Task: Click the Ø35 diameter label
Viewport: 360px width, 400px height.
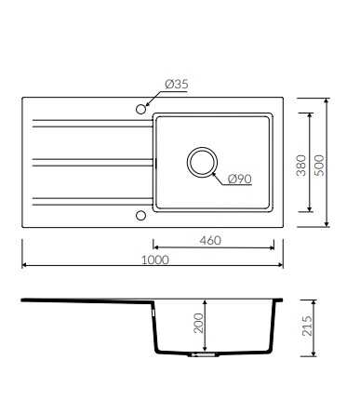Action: tap(177, 84)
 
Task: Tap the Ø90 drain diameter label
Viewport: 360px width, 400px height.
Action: tap(240, 179)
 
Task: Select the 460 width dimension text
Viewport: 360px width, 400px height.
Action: tap(210, 240)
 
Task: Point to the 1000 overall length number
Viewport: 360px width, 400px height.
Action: tap(155, 260)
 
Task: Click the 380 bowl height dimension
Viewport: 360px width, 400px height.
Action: tap(301, 166)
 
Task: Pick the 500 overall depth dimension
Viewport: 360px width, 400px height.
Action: tap(319, 166)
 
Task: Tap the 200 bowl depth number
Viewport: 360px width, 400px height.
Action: tap(198, 323)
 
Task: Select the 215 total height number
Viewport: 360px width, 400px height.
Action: tap(307, 326)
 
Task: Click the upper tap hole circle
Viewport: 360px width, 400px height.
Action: tap(140, 109)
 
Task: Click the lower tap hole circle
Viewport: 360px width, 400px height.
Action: tap(140, 216)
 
